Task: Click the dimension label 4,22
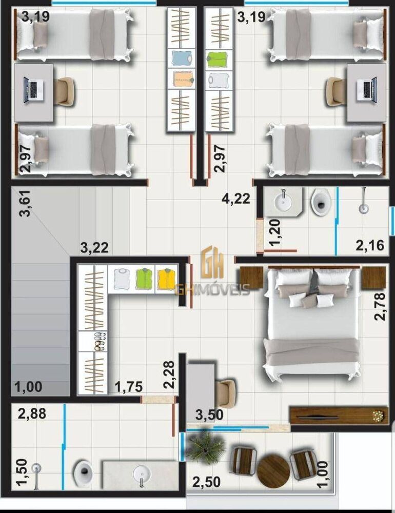point(236,198)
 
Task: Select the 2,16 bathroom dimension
point(370,245)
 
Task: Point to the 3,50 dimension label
point(209,415)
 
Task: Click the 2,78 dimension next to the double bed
point(380,306)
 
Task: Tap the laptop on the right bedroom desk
point(367,88)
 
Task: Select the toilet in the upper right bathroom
point(322,201)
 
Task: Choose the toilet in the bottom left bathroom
point(83,472)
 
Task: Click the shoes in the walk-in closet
point(97,342)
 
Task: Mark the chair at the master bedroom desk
point(225,393)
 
